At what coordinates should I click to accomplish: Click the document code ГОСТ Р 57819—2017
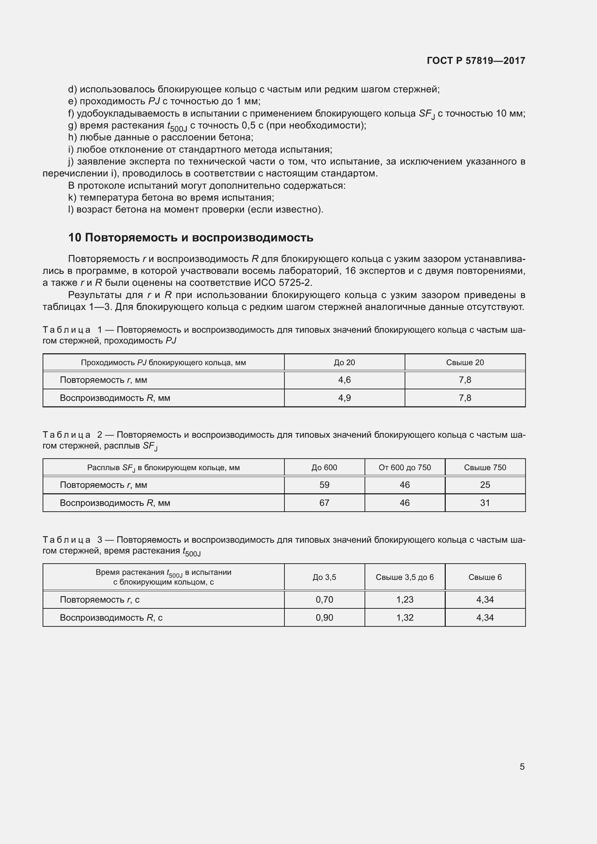pos(476,61)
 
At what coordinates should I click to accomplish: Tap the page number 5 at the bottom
pos(522,766)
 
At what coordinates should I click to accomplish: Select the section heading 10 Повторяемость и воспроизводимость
pos(191,238)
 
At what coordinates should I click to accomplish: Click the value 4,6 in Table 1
pos(344,380)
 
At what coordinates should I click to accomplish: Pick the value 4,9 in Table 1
pos(344,398)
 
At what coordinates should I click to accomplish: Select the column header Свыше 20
pos(465,362)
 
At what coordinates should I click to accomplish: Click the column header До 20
pos(344,362)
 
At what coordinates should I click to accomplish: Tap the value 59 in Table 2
pos(324,485)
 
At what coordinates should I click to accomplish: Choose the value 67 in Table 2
pos(324,503)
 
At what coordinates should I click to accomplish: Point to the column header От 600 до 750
pos(404,468)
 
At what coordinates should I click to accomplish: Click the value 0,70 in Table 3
pos(324,600)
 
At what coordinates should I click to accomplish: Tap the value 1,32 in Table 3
pos(404,617)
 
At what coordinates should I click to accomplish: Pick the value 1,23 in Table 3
pos(404,600)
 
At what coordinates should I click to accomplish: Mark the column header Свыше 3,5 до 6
pos(404,577)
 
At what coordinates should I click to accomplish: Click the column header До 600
pos(324,468)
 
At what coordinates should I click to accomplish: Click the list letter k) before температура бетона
pos(72,198)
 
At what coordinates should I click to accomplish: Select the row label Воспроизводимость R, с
pos(111,617)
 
